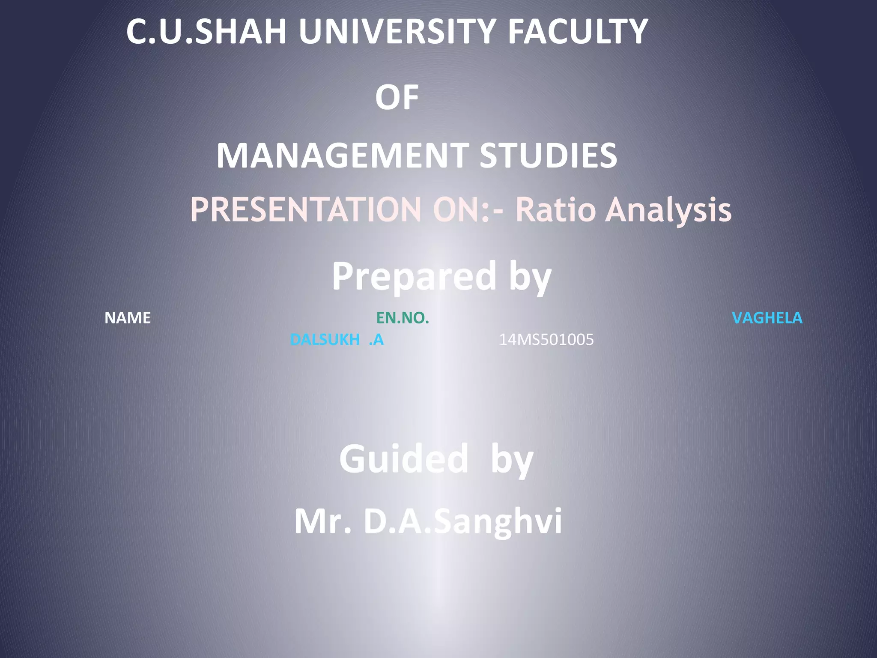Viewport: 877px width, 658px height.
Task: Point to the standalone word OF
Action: pos(397,97)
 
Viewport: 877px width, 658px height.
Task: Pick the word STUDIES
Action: pos(548,156)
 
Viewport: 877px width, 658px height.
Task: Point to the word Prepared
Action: pos(414,277)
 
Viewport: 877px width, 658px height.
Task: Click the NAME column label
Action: pos(128,318)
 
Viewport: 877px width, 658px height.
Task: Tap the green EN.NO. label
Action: pos(403,318)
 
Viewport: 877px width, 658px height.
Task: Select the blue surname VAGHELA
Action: pos(767,318)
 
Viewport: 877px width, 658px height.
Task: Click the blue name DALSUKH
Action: pos(325,340)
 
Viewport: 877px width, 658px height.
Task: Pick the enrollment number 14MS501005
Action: pos(546,340)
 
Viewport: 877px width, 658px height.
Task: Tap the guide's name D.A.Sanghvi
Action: pos(462,521)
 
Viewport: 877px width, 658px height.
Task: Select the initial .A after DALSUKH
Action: pos(376,340)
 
